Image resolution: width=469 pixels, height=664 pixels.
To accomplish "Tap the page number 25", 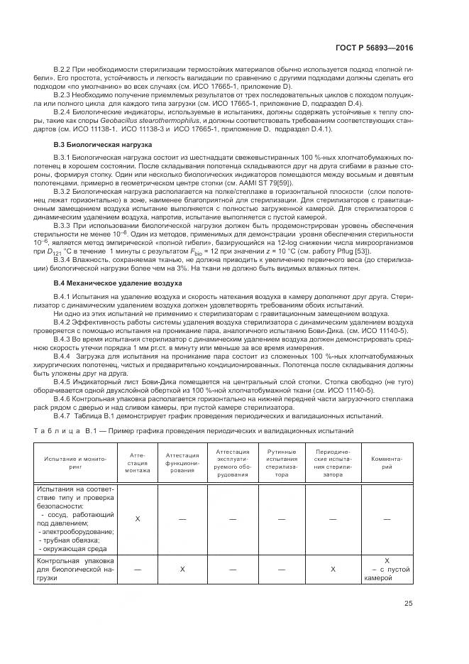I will point(408,604).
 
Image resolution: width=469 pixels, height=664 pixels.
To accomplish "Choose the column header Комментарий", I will point(387,462).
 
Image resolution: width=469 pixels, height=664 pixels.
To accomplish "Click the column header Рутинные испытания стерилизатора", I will point(282,462).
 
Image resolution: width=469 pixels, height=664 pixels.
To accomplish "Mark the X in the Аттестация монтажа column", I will point(138,519).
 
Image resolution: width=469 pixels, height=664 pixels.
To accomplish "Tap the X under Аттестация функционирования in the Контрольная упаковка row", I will point(182,569).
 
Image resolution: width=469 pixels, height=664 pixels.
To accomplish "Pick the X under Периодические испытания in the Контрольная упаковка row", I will point(333,569).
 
